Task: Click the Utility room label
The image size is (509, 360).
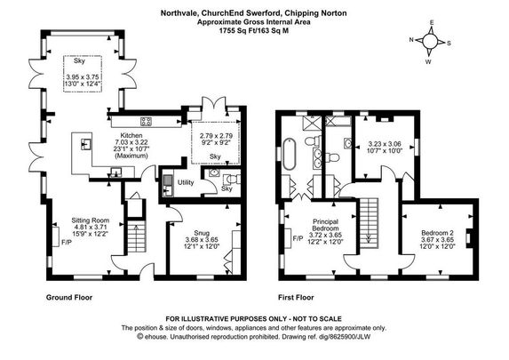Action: (x=186, y=181)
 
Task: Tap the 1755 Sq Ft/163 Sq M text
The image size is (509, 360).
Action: (x=252, y=29)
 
